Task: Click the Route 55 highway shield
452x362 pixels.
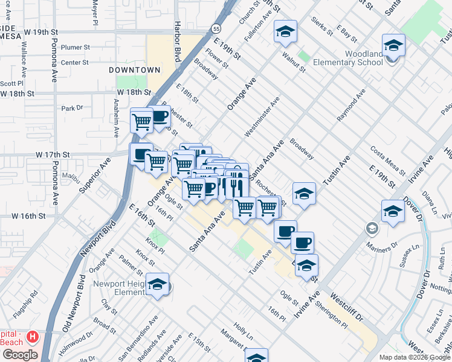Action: click(216, 28)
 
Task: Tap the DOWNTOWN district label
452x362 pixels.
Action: click(134, 71)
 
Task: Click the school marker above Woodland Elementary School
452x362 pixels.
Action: click(393, 46)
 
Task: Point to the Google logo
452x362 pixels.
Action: click(20, 355)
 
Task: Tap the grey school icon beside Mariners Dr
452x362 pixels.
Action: click(371, 228)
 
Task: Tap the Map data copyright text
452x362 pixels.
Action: click(415, 357)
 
